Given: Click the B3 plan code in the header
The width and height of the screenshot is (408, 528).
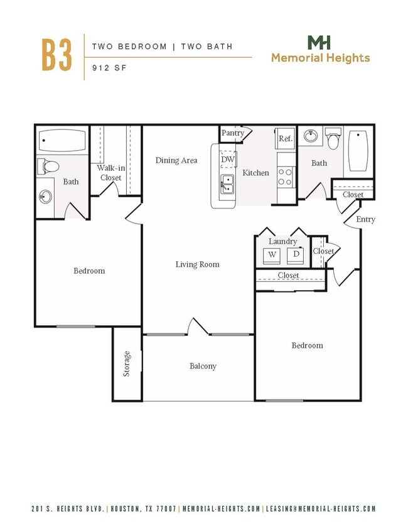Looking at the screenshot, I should coord(56,55).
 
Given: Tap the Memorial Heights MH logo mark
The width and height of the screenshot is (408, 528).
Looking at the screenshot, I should coord(319,43).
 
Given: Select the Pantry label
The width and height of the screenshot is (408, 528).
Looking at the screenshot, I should coord(232,133).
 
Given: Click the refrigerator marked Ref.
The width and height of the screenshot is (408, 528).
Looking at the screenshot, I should coord(286,139).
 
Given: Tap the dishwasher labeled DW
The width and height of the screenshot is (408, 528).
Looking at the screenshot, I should coord(227,159).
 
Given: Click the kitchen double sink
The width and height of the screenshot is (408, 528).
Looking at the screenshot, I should coord(227,184).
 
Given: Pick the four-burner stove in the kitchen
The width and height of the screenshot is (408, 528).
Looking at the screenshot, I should coord(286,176).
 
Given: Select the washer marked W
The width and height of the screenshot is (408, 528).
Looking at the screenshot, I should coord(272,254).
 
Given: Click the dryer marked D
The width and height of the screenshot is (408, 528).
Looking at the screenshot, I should coord(296,254).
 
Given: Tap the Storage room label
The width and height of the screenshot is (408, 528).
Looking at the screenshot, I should coord(127,364).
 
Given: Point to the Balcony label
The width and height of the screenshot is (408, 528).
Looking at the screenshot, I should coord(203,366).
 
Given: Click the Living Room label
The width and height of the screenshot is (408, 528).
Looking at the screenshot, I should coord(197,264).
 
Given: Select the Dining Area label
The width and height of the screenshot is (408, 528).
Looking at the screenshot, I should coord(176,160).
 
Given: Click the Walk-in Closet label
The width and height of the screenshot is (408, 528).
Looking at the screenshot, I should coord(109,173).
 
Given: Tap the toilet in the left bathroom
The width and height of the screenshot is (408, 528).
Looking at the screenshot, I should coord(48,167).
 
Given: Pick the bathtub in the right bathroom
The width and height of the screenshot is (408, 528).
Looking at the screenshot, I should coord(359,151).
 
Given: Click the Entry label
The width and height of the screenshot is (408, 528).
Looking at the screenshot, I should coord(365,219).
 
